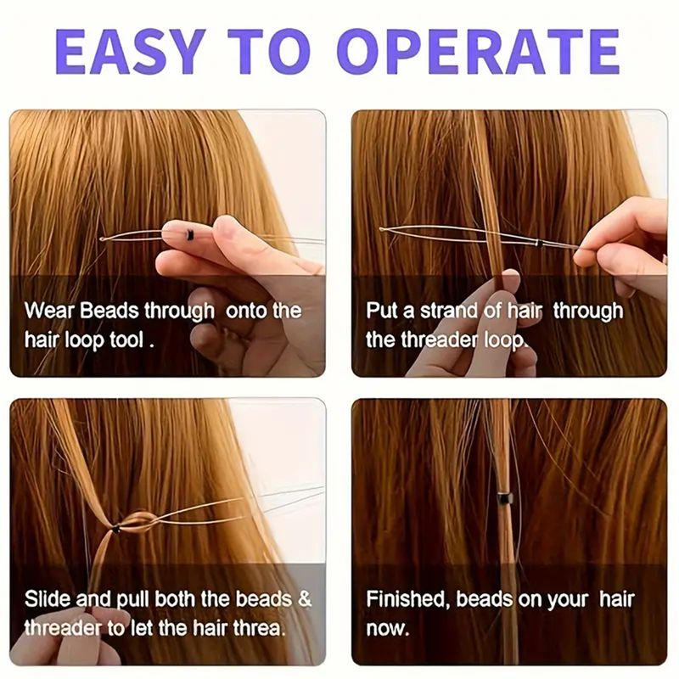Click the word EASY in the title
point(131,52)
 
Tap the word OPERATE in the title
point(478,52)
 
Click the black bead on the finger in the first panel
point(189,234)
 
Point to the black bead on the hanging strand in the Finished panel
point(502,498)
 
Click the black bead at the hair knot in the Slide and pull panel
point(115,529)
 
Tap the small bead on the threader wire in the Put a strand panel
point(539,243)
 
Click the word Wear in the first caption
point(50,311)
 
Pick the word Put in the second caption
point(382,311)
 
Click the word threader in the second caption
point(440,339)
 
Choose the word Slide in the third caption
point(48,599)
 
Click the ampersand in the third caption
point(305,599)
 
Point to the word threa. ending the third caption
point(260,628)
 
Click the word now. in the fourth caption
point(388,629)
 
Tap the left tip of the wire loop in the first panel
point(101,238)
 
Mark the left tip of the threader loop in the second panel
point(382,229)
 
